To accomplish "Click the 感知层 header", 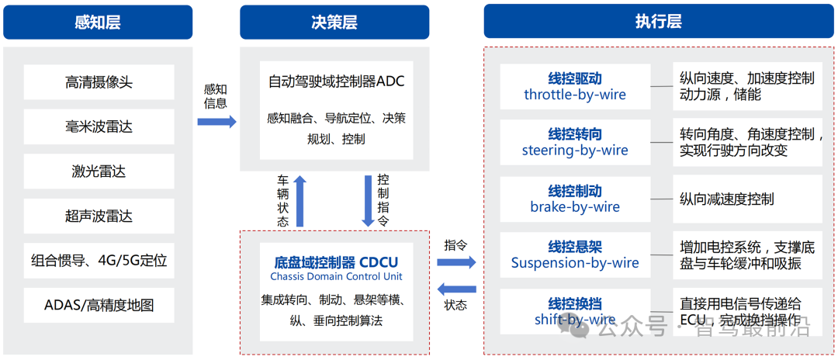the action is coord(98,22).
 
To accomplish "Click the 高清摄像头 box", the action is coord(99,81).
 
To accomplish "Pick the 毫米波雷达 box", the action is coord(99,126).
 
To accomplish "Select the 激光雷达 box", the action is coord(99,171).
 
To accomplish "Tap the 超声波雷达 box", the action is coord(99,216).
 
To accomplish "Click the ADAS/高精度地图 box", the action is coord(99,305).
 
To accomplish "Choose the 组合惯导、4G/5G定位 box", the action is coord(99,260).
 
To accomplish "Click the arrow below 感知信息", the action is coord(216,122).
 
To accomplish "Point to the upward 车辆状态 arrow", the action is coord(300,200).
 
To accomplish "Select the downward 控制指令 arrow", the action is coord(369,200).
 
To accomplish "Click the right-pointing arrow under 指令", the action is coord(456,262).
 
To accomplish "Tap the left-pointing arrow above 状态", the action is coord(456,289).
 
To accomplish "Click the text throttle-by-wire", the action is coord(575,95).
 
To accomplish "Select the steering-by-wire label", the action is coord(575,151).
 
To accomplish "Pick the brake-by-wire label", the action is coord(575,206).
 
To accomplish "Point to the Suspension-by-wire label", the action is coord(575,263).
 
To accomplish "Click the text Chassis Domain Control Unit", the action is coord(336,277).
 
